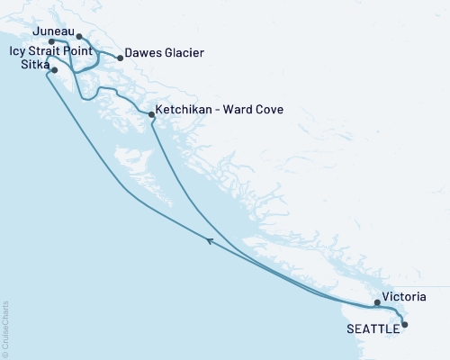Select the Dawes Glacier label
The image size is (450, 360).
pyautogui.click(x=164, y=54)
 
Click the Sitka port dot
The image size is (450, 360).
pyautogui.click(x=56, y=69)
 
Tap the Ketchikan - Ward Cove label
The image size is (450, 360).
pyautogui.click(x=220, y=110)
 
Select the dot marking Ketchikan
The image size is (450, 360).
pyautogui.click(x=151, y=114)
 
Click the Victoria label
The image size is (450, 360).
pyautogui.click(x=404, y=296)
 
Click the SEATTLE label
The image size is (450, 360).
pyautogui.click(x=373, y=328)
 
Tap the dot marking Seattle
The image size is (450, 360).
pyautogui.click(x=404, y=324)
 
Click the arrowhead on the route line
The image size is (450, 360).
pyautogui.click(x=211, y=240)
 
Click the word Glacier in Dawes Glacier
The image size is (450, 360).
pyautogui.click(x=183, y=54)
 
